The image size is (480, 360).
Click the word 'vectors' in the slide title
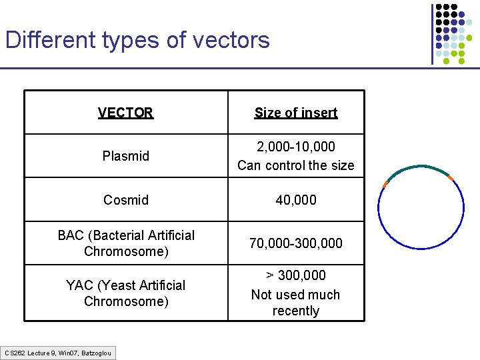click(x=231, y=40)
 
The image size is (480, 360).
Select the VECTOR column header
click(x=125, y=113)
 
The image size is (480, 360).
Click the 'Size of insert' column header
click(x=295, y=113)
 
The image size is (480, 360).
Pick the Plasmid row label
click(x=125, y=156)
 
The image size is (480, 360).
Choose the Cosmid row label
click(x=125, y=200)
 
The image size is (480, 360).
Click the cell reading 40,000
click(x=295, y=200)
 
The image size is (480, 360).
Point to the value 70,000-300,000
click(x=295, y=243)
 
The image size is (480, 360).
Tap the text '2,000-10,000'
click(x=295, y=147)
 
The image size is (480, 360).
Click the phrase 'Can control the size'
click(x=295, y=165)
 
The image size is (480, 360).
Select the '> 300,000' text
click(x=295, y=275)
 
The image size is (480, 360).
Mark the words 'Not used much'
click(x=295, y=294)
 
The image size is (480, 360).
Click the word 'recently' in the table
click(x=295, y=311)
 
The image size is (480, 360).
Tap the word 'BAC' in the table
click(x=71, y=235)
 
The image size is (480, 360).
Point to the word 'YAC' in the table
click(x=79, y=285)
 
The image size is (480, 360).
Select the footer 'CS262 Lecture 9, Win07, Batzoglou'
click(x=59, y=353)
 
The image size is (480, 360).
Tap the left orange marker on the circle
click(x=385, y=183)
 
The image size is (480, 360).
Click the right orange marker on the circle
click(x=451, y=177)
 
